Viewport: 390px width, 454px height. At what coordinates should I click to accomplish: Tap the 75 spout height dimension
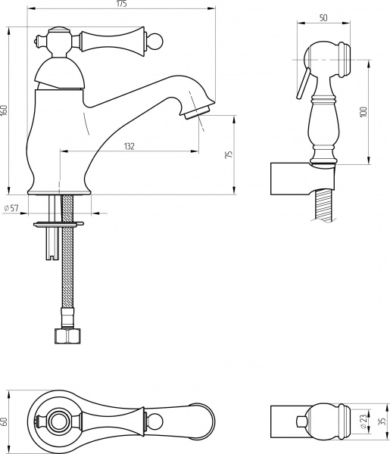[229, 154]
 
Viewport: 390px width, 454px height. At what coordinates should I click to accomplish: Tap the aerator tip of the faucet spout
[198, 111]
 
